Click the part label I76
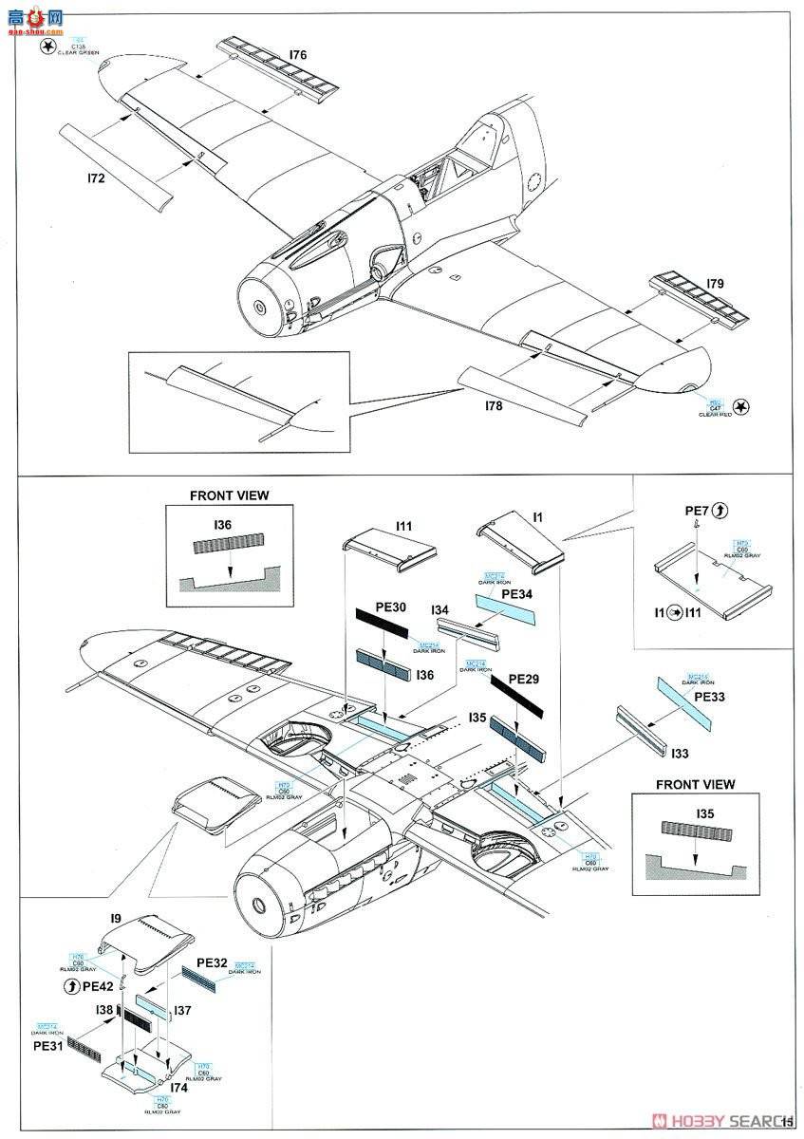click(297, 55)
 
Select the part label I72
click(95, 177)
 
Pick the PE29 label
click(523, 679)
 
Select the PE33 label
click(708, 696)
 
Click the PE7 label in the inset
click(696, 512)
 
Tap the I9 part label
click(114, 918)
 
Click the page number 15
click(788, 1123)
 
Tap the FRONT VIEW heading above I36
click(229, 495)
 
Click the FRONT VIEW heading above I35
click(695, 785)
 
